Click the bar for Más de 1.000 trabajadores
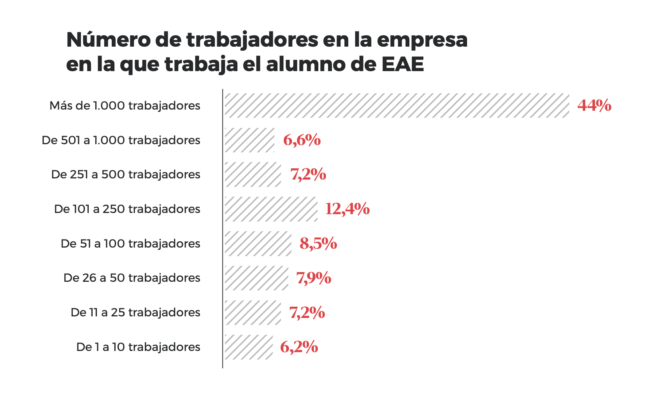coord(397,105)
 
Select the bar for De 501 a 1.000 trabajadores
coord(249,140)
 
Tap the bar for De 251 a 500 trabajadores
coord(253,175)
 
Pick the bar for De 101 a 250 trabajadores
coord(271,209)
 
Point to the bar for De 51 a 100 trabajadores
coord(258,244)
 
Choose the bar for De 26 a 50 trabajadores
coord(256,278)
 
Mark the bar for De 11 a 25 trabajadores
coord(253,312)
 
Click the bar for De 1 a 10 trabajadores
coord(248,347)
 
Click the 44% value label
coord(594,105)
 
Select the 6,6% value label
coord(302,140)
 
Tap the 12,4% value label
coord(347,209)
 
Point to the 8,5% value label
coord(318,244)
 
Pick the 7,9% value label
coord(314,278)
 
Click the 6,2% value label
coord(299,347)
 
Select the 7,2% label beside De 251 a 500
coord(308,175)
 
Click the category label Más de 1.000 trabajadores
coord(125,106)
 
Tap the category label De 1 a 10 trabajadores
coord(138,347)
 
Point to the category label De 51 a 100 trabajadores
coord(130,244)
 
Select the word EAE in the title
coord(403,65)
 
